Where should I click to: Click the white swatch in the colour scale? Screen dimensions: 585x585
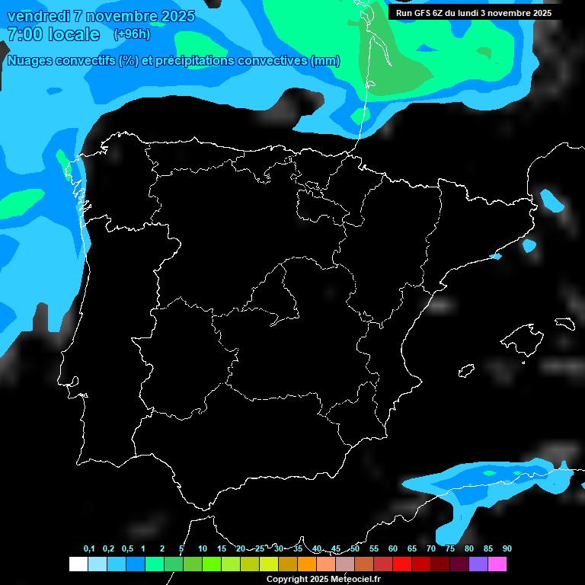pyautogui.click(x=78, y=564)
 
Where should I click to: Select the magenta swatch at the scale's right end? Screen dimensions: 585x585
pyautogui.click(x=497, y=564)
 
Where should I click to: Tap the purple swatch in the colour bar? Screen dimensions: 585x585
pyautogui.click(x=478, y=564)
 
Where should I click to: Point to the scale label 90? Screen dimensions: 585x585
pyautogui.click(x=507, y=548)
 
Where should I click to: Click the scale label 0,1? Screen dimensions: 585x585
pyautogui.click(x=88, y=548)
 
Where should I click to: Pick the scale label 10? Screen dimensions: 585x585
pyautogui.click(x=202, y=548)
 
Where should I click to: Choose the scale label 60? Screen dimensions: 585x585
pyautogui.click(x=392, y=548)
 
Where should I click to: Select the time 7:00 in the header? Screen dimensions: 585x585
pyautogui.click(x=24, y=34)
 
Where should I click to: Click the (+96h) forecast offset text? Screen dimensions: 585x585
pyautogui.click(x=132, y=34)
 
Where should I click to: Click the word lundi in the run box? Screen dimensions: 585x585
pyautogui.click(x=465, y=13)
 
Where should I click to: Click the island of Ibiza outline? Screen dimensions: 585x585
pyautogui.click(x=466, y=371)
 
